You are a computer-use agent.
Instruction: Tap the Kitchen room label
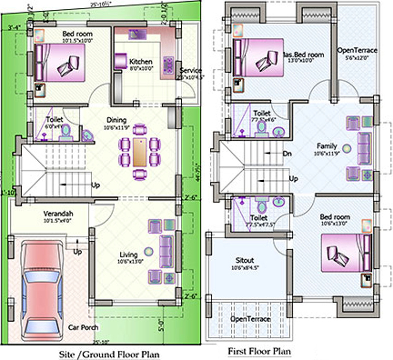click(141, 62)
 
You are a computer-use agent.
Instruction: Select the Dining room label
click(116, 120)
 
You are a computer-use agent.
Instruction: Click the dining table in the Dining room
click(140, 152)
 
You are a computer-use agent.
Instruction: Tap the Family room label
click(326, 145)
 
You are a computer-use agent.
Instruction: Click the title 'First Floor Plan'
click(259, 351)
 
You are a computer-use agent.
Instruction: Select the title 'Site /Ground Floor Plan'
click(109, 354)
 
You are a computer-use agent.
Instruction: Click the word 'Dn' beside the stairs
click(288, 154)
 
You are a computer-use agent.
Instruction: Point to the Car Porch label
click(83, 327)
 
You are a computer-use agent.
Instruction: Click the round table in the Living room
click(149, 250)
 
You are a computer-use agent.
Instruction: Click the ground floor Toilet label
click(54, 119)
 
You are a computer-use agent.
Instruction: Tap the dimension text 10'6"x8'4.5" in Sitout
click(244, 268)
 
